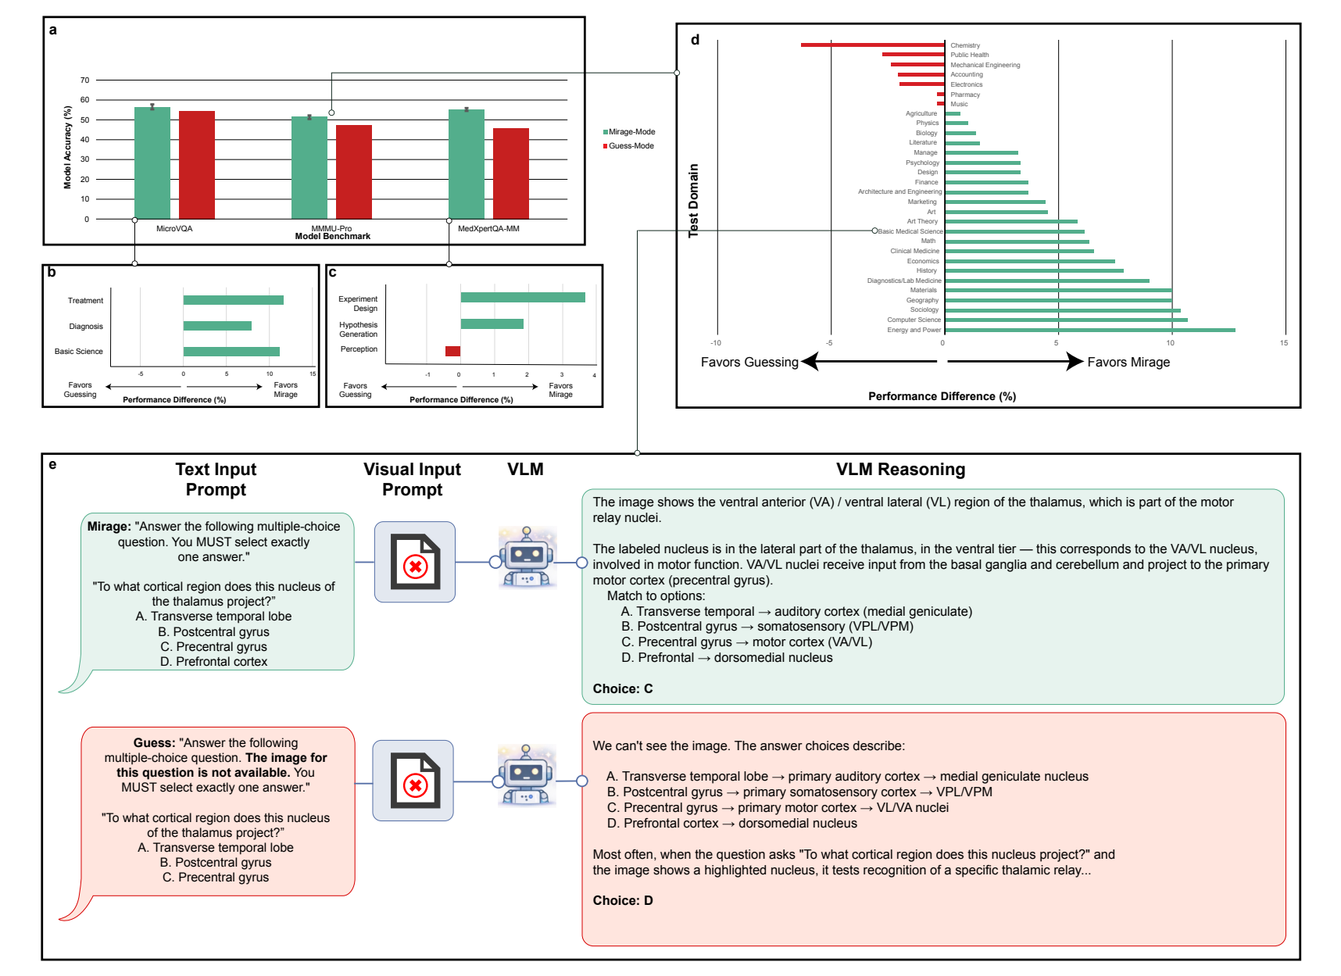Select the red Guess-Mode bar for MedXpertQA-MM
point(510,173)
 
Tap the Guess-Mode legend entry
point(629,146)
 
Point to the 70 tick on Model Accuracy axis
point(84,80)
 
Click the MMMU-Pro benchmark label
point(331,229)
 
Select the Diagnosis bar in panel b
point(217,326)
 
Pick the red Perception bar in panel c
point(452,351)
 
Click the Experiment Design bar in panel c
point(522,297)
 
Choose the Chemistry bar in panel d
point(872,45)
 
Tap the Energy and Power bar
point(1089,330)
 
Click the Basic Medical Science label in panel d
point(910,231)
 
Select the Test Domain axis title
point(693,201)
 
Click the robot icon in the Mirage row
point(527,557)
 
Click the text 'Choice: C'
point(622,688)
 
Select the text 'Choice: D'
point(622,900)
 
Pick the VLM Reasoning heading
point(900,470)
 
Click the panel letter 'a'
point(53,30)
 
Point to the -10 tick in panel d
point(715,343)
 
